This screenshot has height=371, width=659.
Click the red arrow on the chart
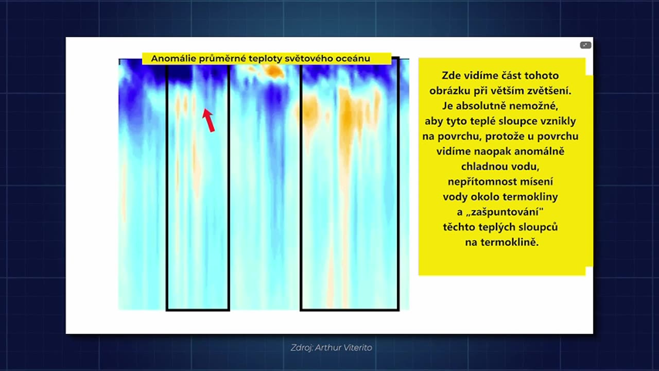(x=209, y=121)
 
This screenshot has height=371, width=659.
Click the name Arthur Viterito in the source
(x=343, y=348)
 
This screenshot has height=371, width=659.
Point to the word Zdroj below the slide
(x=301, y=348)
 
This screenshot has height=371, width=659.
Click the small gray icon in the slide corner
(x=585, y=45)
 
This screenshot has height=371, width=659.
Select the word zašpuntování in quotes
(x=505, y=212)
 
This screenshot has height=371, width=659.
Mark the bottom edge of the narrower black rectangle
(x=198, y=310)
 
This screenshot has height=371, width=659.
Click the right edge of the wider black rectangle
(x=398, y=184)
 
